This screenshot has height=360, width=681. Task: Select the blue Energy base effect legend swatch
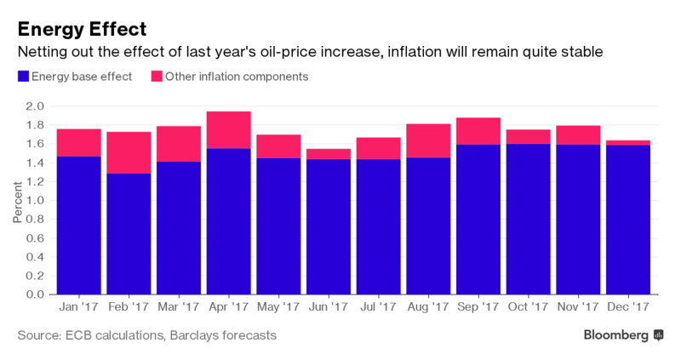pyautogui.click(x=22, y=77)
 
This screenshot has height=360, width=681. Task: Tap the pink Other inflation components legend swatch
pyautogui.click(x=157, y=77)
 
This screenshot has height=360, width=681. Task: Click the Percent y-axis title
pyautogui.click(x=18, y=201)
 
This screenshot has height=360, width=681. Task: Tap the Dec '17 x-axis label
pyautogui.click(x=628, y=306)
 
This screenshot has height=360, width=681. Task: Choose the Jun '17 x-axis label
pyautogui.click(x=328, y=306)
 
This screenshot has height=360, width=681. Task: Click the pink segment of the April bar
pyautogui.click(x=228, y=129)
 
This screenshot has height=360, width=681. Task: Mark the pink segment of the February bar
pyautogui.click(x=128, y=152)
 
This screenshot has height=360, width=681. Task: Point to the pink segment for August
pyautogui.click(x=428, y=140)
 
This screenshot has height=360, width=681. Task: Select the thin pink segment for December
pyautogui.click(x=628, y=142)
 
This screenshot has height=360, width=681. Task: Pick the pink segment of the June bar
pyautogui.click(x=328, y=154)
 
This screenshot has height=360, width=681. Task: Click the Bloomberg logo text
pyautogui.click(x=616, y=336)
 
